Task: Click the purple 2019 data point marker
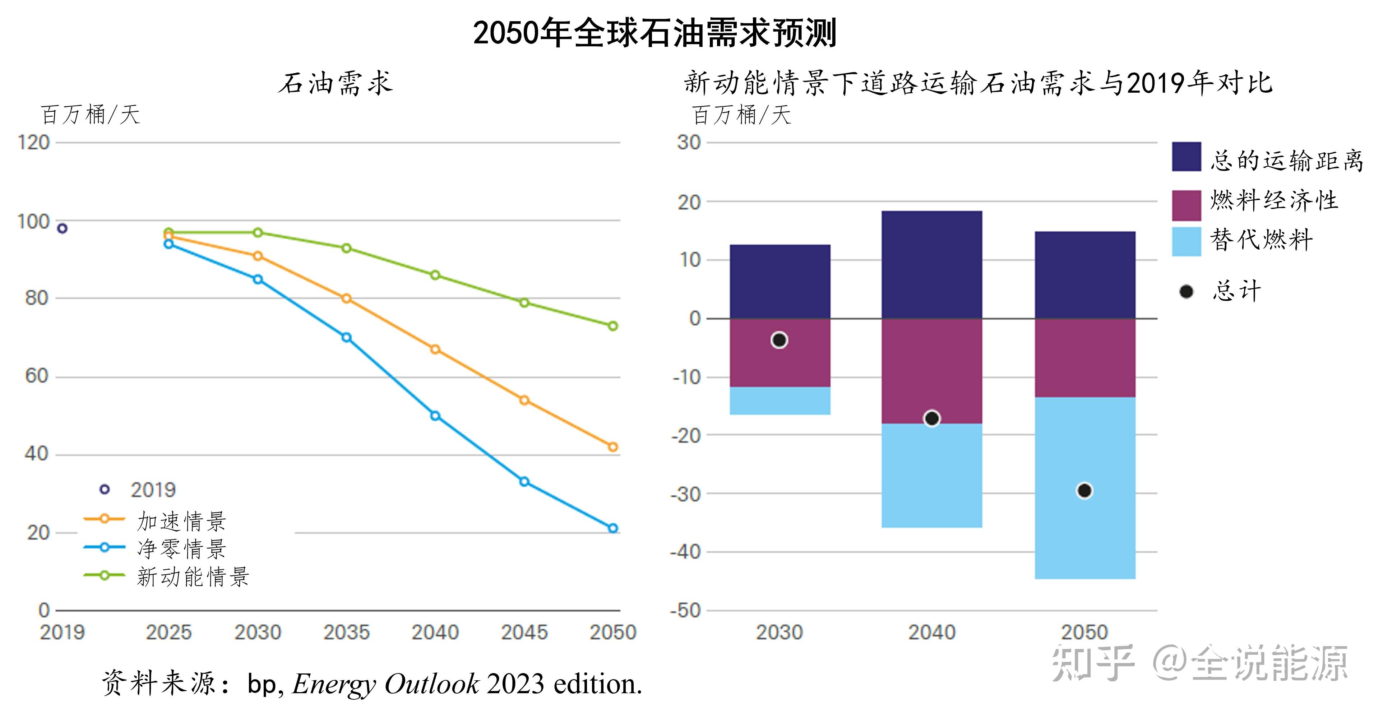tap(62, 228)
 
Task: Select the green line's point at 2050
tap(612, 326)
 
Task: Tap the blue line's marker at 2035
tap(346, 338)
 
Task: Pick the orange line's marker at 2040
tap(435, 349)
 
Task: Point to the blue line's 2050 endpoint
tap(612, 528)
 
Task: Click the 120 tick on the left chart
tap(33, 143)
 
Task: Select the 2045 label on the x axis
tap(524, 632)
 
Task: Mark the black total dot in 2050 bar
tap(1084, 491)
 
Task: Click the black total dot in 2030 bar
tap(779, 340)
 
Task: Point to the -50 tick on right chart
tap(686, 611)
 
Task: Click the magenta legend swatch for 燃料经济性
tap(1186, 205)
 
